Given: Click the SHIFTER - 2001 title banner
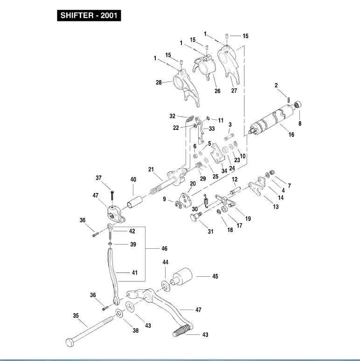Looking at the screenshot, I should tap(89, 15).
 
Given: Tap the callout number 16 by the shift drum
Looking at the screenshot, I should tap(291, 135).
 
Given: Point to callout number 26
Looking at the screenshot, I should tap(217, 91).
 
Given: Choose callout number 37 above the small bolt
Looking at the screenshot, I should tap(98, 178).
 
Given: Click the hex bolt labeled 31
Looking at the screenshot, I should tap(196, 218).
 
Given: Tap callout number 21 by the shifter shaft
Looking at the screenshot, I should tap(151, 168).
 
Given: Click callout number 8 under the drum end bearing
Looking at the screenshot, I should tap(300, 124).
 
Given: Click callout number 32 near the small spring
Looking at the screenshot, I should tap(173, 116).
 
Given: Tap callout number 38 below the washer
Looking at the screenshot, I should tap(136, 330).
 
